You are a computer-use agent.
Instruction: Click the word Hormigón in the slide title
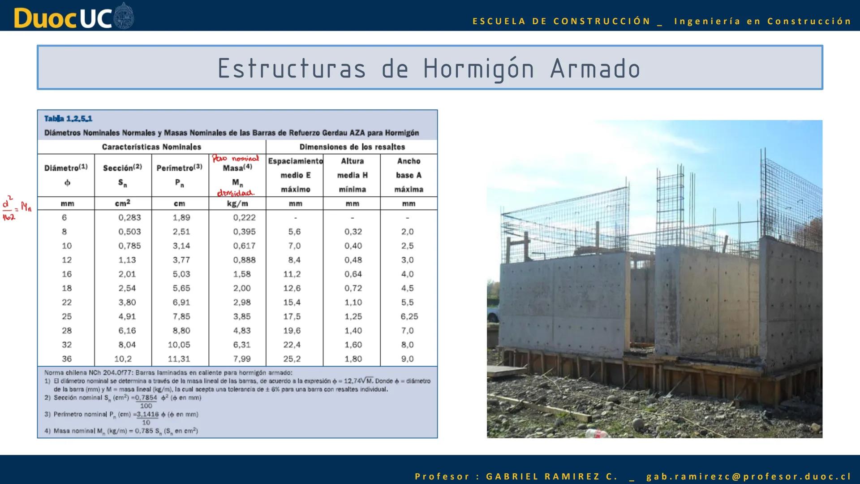point(479,69)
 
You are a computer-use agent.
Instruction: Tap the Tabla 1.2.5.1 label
point(68,119)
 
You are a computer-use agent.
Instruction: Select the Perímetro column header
point(179,168)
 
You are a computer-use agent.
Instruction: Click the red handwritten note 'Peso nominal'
point(236,158)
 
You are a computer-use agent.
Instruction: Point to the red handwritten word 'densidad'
point(236,193)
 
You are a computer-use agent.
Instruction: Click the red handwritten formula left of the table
point(16,208)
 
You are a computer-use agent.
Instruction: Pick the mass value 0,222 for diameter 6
point(244,218)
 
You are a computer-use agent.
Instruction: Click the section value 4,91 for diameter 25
point(127,316)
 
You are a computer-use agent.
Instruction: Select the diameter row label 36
point(67,359)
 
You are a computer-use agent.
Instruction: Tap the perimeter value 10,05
point(179,345)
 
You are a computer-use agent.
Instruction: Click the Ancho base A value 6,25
point(409,316)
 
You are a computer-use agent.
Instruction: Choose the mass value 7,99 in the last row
point(242,359)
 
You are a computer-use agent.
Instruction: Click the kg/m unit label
point(237,203)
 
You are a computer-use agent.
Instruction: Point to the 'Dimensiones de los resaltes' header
point(352,147)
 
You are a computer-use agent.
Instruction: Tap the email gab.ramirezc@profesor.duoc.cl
point(748,476)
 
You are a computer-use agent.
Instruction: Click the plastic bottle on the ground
point(598,433)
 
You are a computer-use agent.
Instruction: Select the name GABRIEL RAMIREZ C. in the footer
point(552,476)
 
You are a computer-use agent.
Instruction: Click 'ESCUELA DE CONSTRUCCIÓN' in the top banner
point(561,21)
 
